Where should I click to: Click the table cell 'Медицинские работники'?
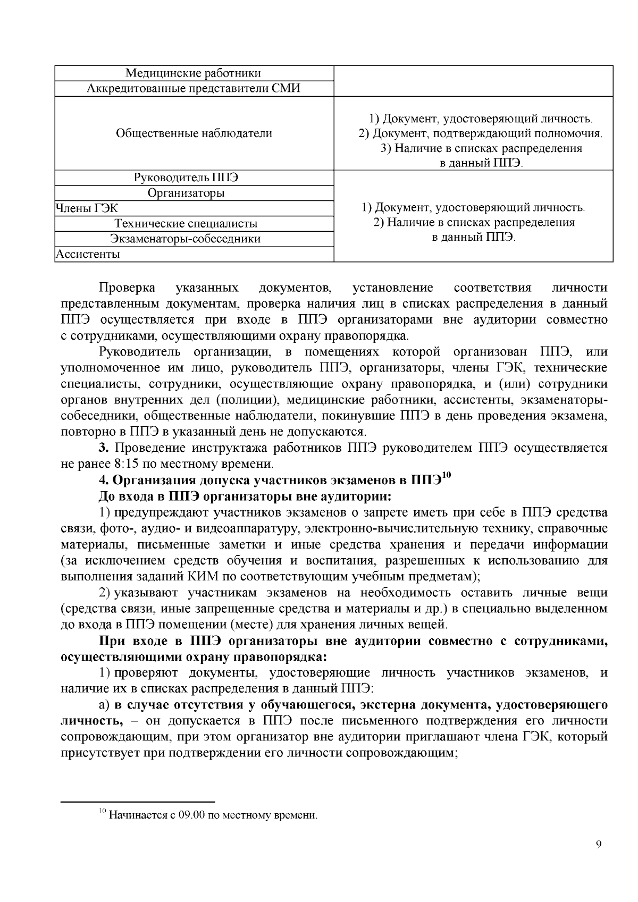point(194,73)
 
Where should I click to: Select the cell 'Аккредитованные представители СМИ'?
point(194,88)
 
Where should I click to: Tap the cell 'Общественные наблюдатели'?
point(194,133)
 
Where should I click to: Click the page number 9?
point(599,845)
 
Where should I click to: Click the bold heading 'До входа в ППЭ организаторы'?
point(245,496)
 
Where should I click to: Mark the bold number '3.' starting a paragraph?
point(104,448)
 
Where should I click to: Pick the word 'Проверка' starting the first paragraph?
point(127,289)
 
